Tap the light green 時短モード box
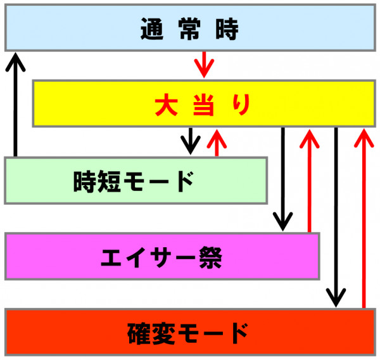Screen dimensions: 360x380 (x=135, y=181)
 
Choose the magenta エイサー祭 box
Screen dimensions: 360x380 (x=161, y=256)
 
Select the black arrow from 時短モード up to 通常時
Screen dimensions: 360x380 (x=15, y=105)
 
